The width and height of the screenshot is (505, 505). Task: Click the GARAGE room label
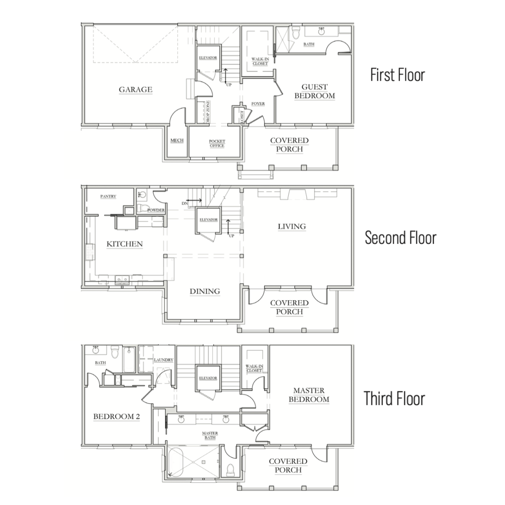[136, 89]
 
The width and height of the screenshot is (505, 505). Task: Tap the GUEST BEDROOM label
[315, 91]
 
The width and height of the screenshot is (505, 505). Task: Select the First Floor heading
[398, 75]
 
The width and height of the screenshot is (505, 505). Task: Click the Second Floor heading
[401, 238]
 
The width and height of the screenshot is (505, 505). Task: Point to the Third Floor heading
[394, 398]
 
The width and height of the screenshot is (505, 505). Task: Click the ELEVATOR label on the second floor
[209, 219]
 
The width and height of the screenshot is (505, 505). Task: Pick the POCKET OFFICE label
[217, 144]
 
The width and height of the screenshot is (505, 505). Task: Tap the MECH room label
[177, 140]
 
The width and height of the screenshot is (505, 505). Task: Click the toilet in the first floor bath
[296, 33]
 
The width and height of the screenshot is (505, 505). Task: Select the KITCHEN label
[124, 244]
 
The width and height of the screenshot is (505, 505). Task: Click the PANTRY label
[108, 196]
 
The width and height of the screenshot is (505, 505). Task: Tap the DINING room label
[205, 291]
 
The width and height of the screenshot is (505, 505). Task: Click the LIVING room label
[292, 226]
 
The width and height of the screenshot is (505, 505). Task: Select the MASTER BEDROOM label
[309, 395]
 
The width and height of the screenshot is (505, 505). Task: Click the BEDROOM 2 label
[117, 416]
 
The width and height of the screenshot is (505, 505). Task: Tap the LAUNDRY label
[163, 360]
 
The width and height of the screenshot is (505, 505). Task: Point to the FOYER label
[258, 104]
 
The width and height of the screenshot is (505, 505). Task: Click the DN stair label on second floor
[185, 203]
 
